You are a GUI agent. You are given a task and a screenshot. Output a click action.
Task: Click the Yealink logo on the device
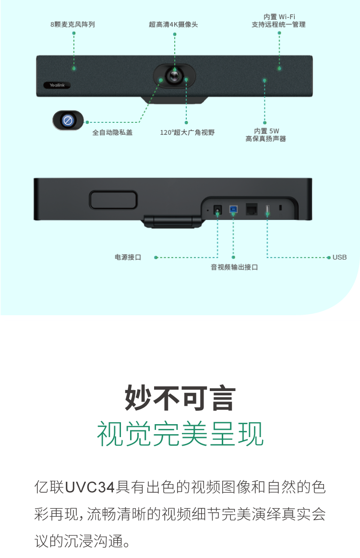(57, 85)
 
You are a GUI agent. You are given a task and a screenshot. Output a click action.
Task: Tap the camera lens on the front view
(175, 75)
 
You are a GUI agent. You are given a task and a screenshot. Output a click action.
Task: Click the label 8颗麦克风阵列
(72, 24)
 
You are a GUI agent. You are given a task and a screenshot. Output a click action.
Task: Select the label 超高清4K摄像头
(173, 24)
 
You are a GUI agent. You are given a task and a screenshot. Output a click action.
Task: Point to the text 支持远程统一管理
(278, 24)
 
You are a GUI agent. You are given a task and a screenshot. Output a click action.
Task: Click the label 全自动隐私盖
(112, 132)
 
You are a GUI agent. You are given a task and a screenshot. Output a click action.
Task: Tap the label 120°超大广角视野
(187, 132)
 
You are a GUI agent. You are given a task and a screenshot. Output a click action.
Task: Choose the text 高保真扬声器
(265, 139)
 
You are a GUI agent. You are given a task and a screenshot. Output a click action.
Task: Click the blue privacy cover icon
(68, 120)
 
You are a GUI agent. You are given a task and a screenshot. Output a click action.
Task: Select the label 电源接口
(128, 257)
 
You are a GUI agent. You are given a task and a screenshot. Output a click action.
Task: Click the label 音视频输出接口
(234, 267)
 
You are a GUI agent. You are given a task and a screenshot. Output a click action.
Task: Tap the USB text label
(339, 257)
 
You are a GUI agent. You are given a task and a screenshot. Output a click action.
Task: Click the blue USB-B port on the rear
(233, 210)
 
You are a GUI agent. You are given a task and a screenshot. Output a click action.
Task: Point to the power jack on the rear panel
(217, 210)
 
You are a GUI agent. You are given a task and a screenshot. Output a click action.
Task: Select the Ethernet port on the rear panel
(252, 210)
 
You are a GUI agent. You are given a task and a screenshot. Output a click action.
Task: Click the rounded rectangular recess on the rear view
(113, 200)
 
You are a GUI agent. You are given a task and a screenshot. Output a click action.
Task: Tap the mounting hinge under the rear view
(172, 221)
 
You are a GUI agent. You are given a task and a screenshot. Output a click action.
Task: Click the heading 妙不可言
(180, 398)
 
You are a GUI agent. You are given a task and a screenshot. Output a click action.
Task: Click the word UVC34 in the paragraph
(90, 487)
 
